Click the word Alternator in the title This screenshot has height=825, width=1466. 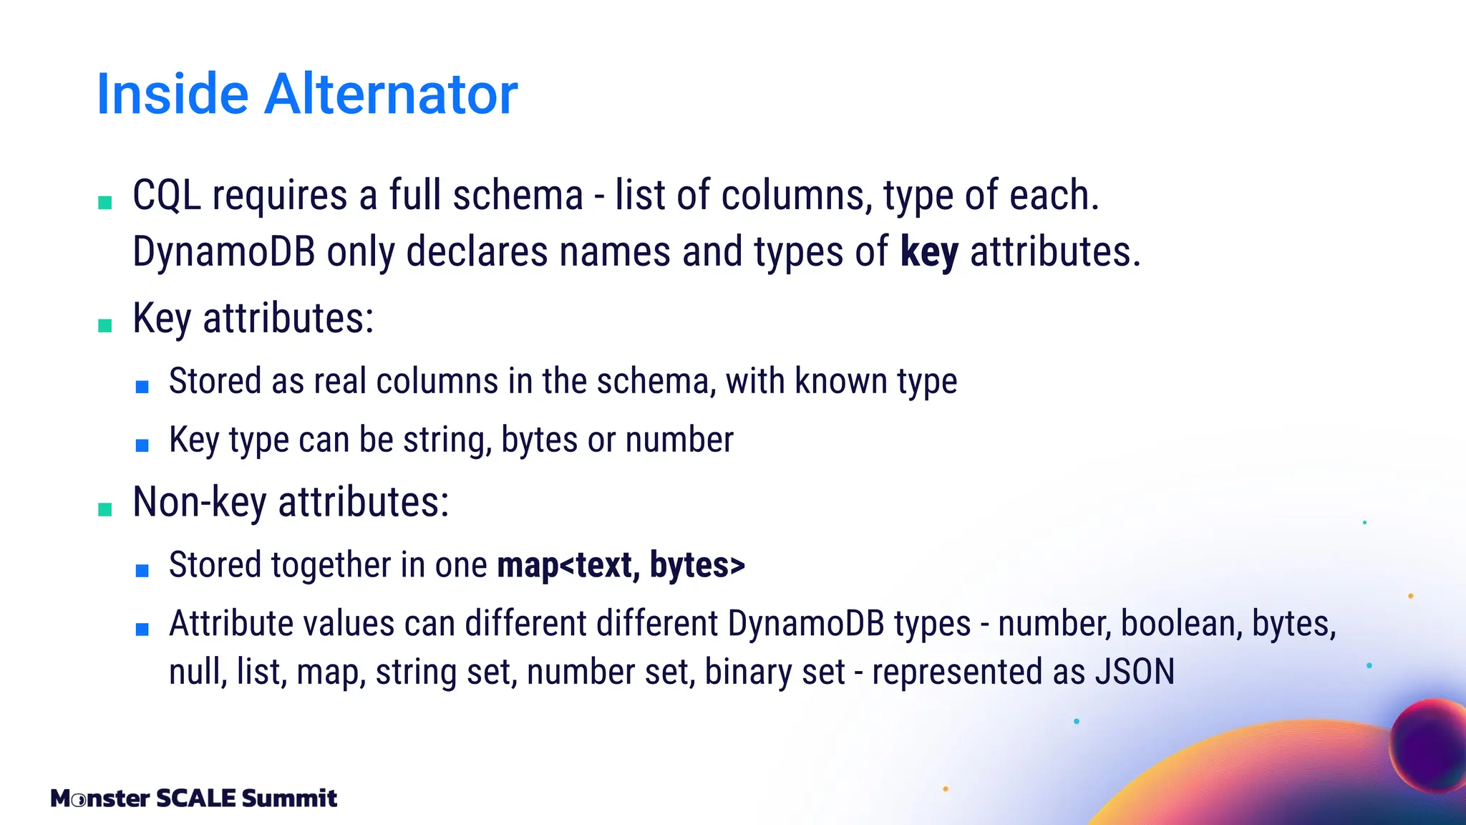coord(391,94)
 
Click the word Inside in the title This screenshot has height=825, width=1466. coord(172,94)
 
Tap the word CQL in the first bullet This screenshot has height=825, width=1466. coord(166,196)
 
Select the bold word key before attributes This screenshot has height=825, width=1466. coord(929,252)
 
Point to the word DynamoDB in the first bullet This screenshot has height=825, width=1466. coord(223,252)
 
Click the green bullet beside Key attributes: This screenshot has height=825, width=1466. coord(105,326)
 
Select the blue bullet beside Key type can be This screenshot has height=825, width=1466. coord(142,445)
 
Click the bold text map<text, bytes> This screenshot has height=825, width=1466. coord(621,565)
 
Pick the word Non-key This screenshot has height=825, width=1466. coord(200,502)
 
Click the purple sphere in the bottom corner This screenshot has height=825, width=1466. coord(1428,745)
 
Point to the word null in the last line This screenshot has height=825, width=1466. coord(198,672)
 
